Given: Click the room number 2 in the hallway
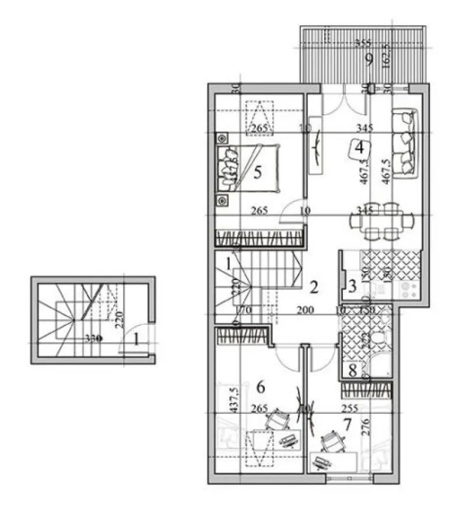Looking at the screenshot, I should (314, 286).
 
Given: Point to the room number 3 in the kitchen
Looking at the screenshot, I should (352, 286).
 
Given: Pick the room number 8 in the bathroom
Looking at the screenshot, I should (352, 370).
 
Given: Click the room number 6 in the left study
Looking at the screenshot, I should (261, 386).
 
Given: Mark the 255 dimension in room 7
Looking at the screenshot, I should (350, 408).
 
